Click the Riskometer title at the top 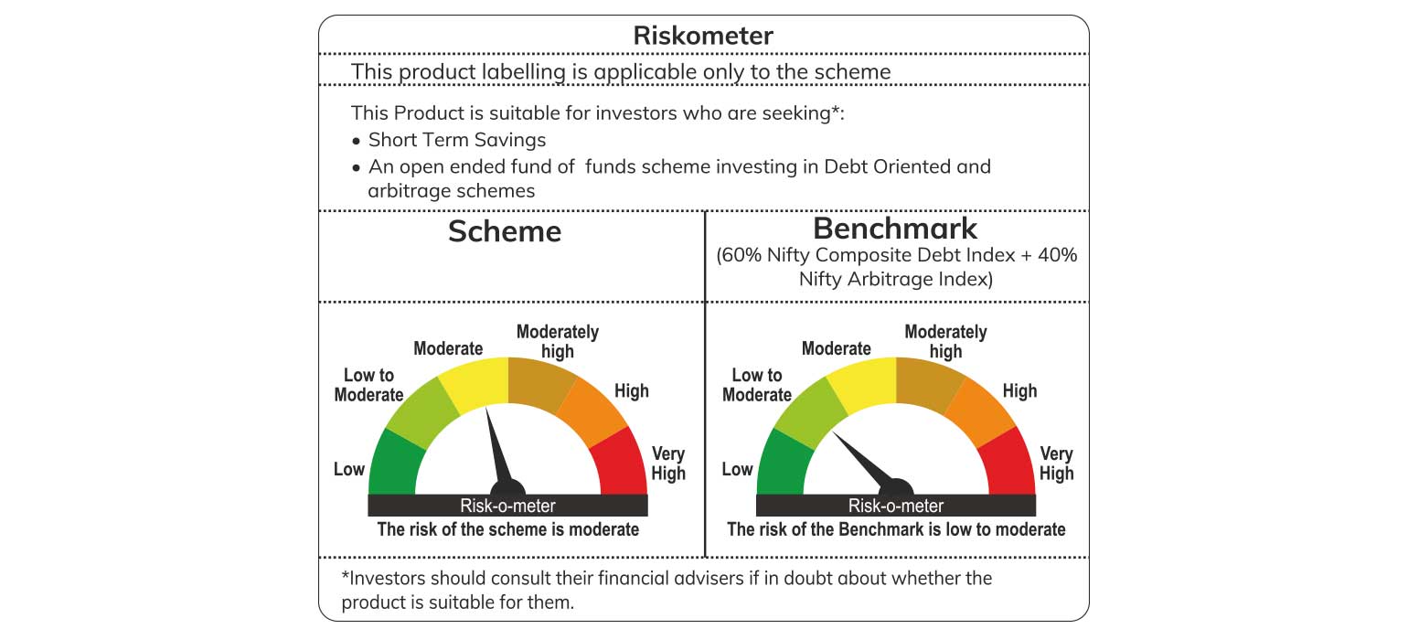coord(703,36)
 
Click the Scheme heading coord(504,231)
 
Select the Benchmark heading coord(895,228)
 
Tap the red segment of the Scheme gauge coord(621,462)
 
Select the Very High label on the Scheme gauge coord(668,464)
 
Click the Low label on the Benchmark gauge coord(737,469)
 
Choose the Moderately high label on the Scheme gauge coord(558,341)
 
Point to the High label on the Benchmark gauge coord(1019,391)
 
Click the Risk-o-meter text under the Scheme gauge coord(508,506)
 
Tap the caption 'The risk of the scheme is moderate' coord(508,529)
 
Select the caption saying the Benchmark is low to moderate coord(896,529)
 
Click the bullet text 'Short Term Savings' coord(457,140)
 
